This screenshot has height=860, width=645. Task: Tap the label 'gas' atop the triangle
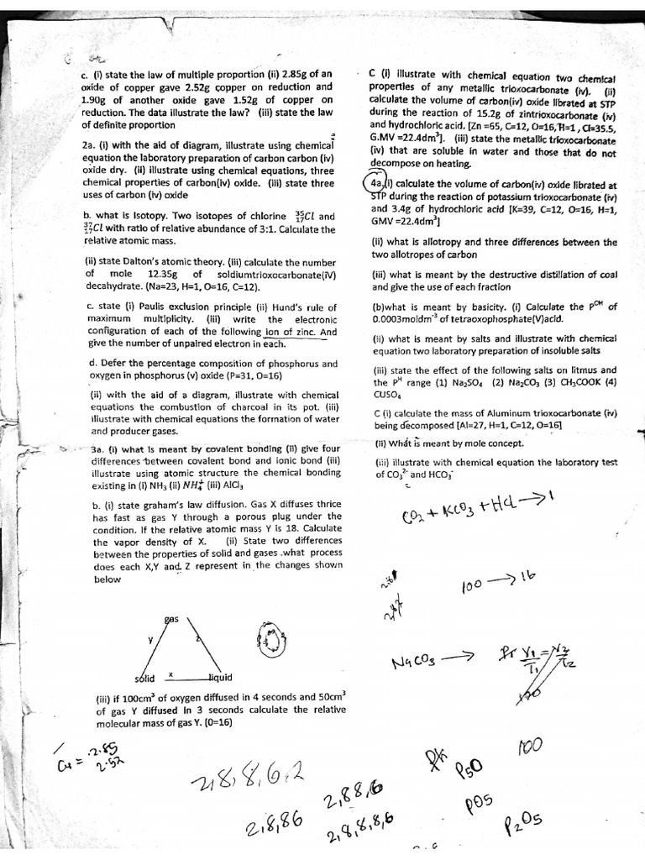point(171,618)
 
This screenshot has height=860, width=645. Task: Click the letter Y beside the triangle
point(151,640)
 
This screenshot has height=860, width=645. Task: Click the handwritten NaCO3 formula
point(419,663)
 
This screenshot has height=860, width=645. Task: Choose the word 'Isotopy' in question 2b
point(164,216)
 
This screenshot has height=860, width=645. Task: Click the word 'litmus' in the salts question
point(570,370)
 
